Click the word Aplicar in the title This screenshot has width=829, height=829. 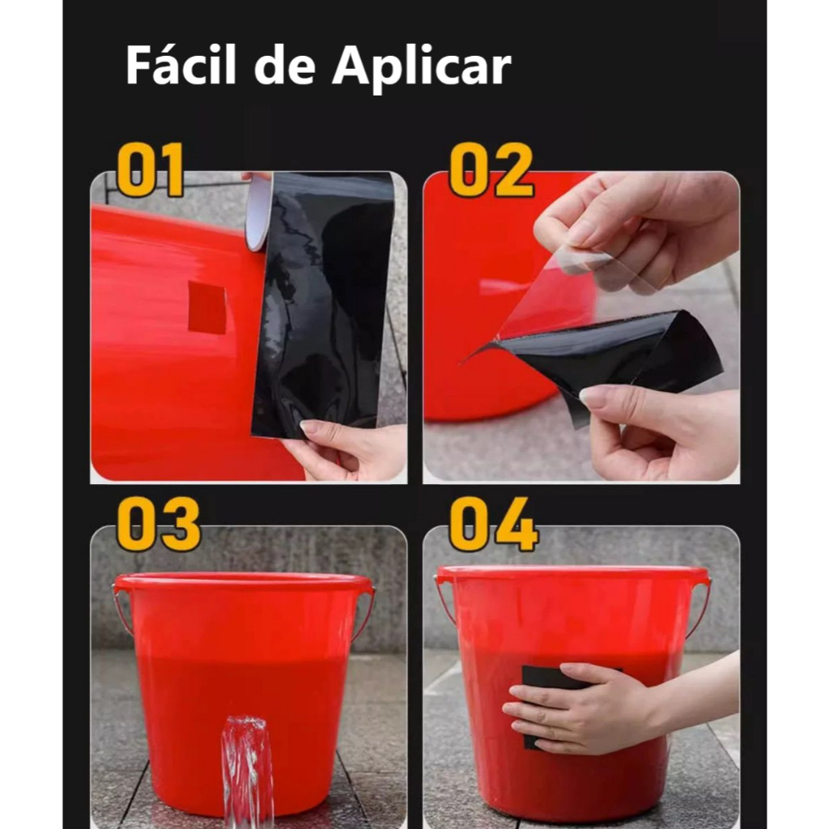pyautogui.click(x=421, y=68)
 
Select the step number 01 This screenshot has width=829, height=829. pyautogui.click(x=150, y=170)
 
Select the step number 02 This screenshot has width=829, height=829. pyautogui.click(x=491, y=170)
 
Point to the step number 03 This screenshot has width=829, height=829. pyautogui.click(x=158, y=524)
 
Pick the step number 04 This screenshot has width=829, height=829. pyautogui.click(x=494, y=524)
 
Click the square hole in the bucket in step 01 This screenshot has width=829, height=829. pyautogui.click(x=207, y=308)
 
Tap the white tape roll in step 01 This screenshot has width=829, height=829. pyautogui.click(x=259, y=211)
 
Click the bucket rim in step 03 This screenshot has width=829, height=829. pyautogui.click(x=243, y=581)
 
